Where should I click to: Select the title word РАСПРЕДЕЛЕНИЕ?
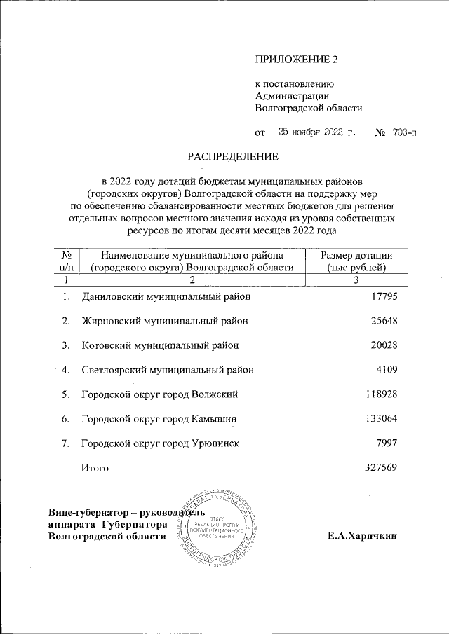(232, 155)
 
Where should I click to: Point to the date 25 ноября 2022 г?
(317, 131)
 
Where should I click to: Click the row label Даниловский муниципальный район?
(166, 296)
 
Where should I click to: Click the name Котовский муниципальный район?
(160, 345)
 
